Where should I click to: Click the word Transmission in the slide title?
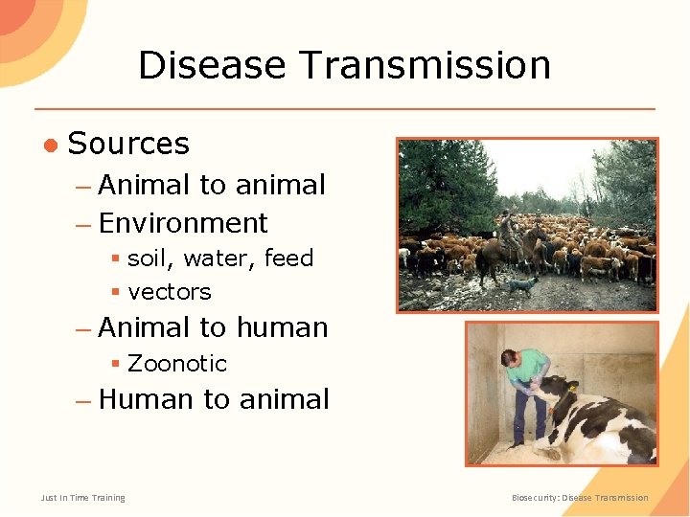coord(425,65)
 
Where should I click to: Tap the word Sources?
coord(128,144)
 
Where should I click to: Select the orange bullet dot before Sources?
coord(49,145)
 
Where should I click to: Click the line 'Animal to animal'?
coord(212,185)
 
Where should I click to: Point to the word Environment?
coord(183,223)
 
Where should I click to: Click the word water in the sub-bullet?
coord(222,258)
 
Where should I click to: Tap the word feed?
coord(288,258)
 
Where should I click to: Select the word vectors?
coord(169,291)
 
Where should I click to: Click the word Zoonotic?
coord(177,364)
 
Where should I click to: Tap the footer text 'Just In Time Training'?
coord(82,498)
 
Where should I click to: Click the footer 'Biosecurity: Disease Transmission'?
coord(580,498)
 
